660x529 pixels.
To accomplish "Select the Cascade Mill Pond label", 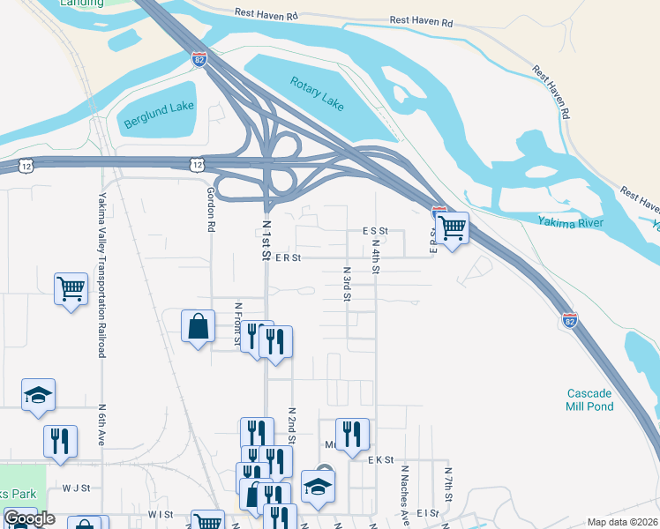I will coord(589,399).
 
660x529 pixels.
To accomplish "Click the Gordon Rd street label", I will coord(211,209).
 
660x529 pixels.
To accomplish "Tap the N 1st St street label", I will coord(265,240).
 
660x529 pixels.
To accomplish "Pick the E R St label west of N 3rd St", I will coord(288,258).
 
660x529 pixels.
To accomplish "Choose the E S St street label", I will coord(375,230).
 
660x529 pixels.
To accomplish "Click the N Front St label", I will coord(237,325).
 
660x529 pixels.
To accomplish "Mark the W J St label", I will coord(76,487).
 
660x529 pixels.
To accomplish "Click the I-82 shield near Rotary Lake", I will coord(200,59).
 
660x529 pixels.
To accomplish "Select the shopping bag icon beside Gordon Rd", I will coord(199,326).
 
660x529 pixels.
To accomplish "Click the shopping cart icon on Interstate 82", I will coord(452,227).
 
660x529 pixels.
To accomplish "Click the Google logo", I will coord(29,518).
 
